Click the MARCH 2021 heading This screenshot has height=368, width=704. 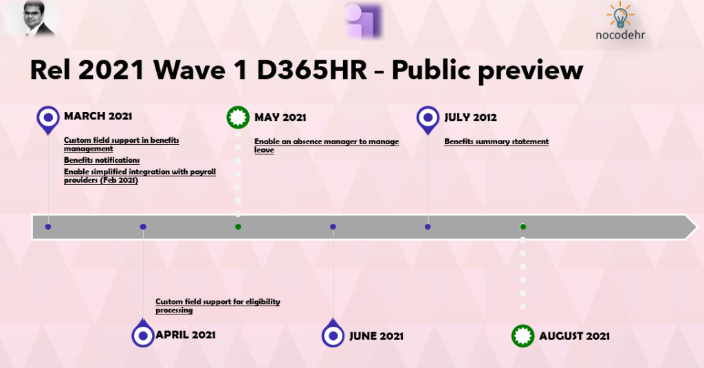98,116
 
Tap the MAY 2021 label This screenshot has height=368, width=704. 280,117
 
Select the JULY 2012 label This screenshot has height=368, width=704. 470,117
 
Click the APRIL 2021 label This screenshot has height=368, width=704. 186,335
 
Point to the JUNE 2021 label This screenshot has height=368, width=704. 376,336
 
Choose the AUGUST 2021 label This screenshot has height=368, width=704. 574,336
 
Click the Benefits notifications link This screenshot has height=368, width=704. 102,160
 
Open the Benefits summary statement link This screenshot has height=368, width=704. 496,141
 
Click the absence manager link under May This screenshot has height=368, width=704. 327,146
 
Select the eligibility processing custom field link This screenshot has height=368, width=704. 218,306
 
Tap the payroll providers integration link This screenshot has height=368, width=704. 140,176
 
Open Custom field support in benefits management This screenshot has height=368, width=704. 121,144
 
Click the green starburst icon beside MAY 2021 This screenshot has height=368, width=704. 238,117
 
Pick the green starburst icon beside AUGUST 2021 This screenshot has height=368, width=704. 522,336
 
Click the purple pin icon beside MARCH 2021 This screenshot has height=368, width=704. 48,119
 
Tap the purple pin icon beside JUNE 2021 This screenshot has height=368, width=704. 333,334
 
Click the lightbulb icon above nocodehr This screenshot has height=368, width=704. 621,16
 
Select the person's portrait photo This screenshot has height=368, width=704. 39,18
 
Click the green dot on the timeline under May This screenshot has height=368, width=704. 238,227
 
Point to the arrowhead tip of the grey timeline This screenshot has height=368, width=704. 697,227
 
